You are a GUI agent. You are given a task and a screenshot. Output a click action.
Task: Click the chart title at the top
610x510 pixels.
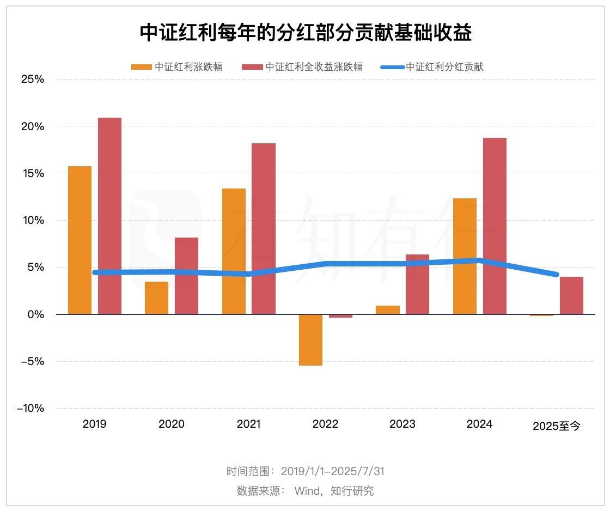[305, 33]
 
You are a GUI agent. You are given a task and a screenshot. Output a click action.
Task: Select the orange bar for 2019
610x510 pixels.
[80, 240]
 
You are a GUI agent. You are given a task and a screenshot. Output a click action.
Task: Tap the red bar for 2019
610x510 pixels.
[109, 216]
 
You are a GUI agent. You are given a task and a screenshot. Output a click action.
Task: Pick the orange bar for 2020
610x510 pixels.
[156, 297]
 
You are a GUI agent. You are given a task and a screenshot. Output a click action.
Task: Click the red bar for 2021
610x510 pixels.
[264, 229]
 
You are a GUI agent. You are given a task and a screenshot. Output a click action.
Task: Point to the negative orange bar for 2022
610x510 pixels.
[310, 340]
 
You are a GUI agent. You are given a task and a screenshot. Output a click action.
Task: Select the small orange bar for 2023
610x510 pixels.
[387, 310]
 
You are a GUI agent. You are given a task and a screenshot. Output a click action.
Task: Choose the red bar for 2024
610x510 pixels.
[495, 226]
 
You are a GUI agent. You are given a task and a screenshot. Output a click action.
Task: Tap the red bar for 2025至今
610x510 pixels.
[571, 295]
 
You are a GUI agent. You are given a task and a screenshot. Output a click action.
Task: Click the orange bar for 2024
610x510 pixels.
[465, 256]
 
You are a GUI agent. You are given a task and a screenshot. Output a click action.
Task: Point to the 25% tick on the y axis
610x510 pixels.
[32, 80]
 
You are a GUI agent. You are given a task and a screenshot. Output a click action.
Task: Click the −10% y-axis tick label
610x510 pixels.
[30, 409]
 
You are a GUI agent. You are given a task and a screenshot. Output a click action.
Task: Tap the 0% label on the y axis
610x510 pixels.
[35, 315]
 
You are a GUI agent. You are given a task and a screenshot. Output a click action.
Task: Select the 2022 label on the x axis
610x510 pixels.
[325, 424]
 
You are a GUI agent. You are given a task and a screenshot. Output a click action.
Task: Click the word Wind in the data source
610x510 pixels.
[307, 490]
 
